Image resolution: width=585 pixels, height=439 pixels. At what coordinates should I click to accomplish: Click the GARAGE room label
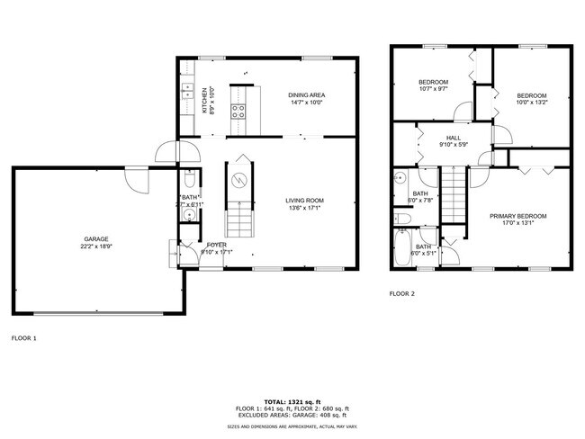(96, 239)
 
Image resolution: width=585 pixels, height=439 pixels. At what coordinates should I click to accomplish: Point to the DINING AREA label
(306, 95)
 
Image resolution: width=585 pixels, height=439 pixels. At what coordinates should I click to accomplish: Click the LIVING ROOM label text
(304, 200)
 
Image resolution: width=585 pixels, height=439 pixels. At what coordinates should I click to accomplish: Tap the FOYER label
(217, 244)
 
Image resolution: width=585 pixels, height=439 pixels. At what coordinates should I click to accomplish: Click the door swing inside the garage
(138, 180)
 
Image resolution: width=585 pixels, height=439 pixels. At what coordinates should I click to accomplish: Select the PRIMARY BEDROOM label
(517, 216)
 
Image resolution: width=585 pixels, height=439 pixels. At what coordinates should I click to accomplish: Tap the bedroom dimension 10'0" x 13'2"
(531, 103)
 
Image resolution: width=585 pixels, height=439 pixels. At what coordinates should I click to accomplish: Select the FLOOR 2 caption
(402, 293)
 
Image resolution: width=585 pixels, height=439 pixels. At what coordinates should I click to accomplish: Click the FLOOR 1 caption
(23, 338)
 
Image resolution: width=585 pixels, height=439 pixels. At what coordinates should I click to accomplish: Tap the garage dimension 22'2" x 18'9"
(96, 246)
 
